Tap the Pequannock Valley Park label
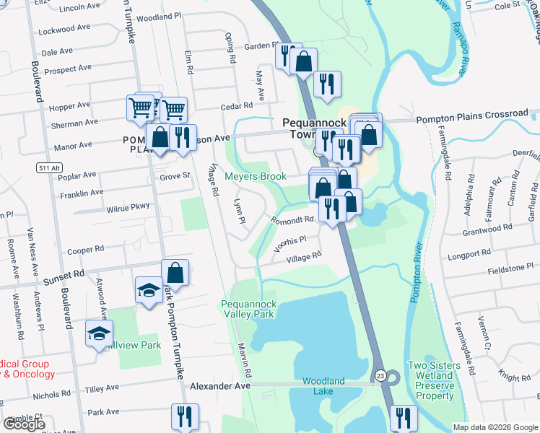pos(248,309)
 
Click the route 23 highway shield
pos(380,375)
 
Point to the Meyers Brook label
pos(256,176)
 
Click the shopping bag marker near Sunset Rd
pos(175,274)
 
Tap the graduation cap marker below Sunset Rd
pos(149,292)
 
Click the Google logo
pos(24,425)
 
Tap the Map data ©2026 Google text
pos(495,427)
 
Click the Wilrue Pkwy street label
pos(128,206)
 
